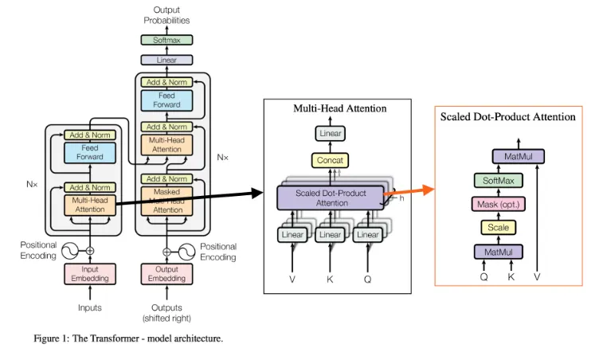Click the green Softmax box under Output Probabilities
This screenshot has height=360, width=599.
(x=166, y=40)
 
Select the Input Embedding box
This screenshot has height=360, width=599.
(x=89, y=274)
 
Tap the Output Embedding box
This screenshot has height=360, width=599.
(x=166, y=274)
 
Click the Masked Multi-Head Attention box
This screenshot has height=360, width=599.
(x=166, y=201)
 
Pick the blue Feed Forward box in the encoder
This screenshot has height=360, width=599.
(x=89, y=152)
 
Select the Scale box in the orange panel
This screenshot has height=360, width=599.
(x=498, y=228)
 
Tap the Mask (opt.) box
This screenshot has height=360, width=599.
(x=498, y=204)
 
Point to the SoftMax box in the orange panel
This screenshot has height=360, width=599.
(x=498, y=180)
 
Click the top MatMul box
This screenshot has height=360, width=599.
(x=518, y=156)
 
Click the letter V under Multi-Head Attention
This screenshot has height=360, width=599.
(x=292, y=280)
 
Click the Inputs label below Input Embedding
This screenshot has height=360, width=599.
(x=89, y=307)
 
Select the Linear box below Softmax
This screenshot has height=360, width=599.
(x=166, y=60)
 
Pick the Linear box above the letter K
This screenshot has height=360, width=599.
(x=330, y=235)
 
